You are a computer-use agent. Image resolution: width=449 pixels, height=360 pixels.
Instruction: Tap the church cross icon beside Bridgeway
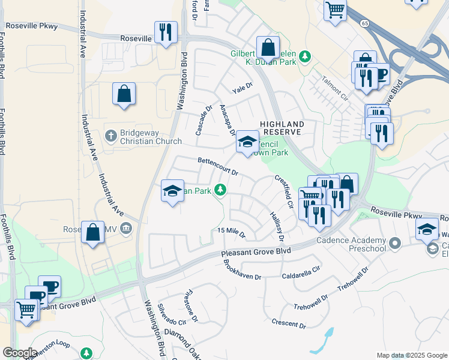coord(110,135)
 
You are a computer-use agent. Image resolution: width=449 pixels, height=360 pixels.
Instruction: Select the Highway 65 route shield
coord(365,23)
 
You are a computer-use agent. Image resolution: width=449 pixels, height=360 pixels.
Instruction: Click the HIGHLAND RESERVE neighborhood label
coord(282,128)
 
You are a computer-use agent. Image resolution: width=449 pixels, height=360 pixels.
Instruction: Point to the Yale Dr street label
coord(243,89)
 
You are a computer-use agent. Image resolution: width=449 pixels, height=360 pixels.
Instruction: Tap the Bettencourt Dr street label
coord(218,166)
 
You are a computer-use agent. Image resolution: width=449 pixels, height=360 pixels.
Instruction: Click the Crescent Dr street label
coord(289,324)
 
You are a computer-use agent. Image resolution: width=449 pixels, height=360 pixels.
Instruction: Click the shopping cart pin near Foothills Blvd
coord(26,311)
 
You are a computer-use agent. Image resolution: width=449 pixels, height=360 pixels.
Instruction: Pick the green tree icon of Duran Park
coord(306,56)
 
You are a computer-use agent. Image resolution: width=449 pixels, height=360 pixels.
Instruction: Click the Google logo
coord(20,353)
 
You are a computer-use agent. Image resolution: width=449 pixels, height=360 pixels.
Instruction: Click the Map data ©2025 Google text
coord(411,355)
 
